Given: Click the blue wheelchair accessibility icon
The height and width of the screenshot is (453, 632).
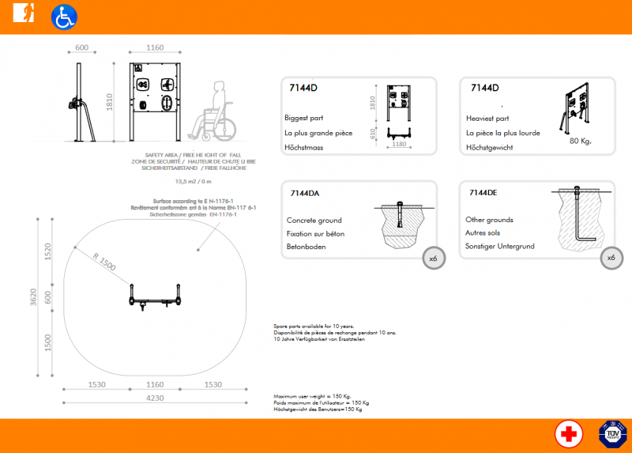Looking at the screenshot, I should tap(63, 17).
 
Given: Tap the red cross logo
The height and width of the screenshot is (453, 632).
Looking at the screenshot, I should tap(569, 434).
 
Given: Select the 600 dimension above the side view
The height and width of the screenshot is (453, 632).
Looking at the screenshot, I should tap(81, 48).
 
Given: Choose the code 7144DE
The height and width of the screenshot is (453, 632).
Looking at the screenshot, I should tap(483, 193).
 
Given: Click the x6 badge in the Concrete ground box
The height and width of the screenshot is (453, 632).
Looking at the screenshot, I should tap(433, 259).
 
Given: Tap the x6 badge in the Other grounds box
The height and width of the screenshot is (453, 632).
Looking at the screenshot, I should tap(611, 259).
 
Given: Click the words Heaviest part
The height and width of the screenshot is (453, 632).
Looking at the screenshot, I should tap(486, 118).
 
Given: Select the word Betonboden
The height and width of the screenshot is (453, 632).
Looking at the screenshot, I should tap(307, 247).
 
